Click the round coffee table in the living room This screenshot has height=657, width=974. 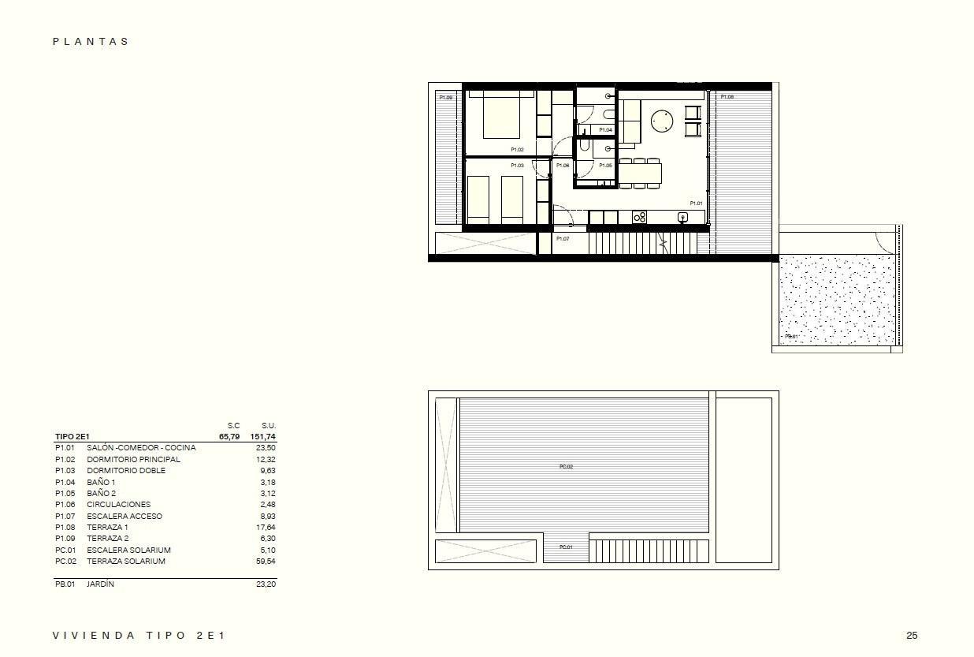pos(662,121)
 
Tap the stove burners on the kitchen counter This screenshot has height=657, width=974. pos(639,217)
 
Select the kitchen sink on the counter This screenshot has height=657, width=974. pos(682,217)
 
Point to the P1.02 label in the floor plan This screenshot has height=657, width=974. pos(517,149)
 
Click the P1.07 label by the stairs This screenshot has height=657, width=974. pos(563,238)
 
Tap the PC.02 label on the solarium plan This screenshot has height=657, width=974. pos(566,467)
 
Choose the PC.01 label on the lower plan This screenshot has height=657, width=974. pos(566,547)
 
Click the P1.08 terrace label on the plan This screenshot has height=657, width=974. pos(727,97)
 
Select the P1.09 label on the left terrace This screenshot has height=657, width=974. pos(446,97)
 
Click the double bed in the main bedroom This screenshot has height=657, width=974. pos(501,117)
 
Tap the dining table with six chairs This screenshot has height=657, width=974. pos(640,173)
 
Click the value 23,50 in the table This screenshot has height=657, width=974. pos(265,447)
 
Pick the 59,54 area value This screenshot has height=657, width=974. pos(265,562)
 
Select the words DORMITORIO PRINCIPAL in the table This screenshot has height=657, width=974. pos(133,459)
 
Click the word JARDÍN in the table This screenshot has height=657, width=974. pos(100,584)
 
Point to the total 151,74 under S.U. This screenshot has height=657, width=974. pos(262,436)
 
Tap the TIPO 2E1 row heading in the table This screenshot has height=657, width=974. pos(72,436)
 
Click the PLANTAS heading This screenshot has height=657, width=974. pos(91,42)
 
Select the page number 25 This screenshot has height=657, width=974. pos(912,636)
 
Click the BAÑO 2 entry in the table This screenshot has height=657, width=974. pos(101,493)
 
